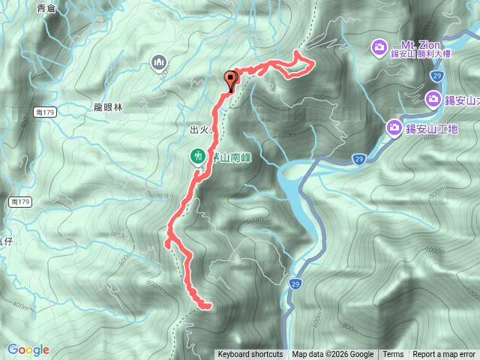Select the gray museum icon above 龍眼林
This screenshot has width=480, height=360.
pyautogui.click(x=157, y=61)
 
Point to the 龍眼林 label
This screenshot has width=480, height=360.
pyautogui.click(x=109, y=108)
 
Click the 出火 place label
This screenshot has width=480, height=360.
pyautogui.click(x=199, y=130)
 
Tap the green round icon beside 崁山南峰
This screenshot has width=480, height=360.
pyautogui.click(x=198, y=156)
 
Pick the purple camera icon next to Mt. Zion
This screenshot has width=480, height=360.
pyautogui.click(x=379, y=49)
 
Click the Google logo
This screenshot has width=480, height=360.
pyautogui.click(x=28, y=349)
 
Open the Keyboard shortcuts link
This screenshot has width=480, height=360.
pyautogui.click(x=250, y=354)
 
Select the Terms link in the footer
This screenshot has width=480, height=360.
pyautogui.click(x=393, y=354)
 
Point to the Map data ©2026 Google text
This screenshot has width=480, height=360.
pyautogui.click(x=333, y=354)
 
